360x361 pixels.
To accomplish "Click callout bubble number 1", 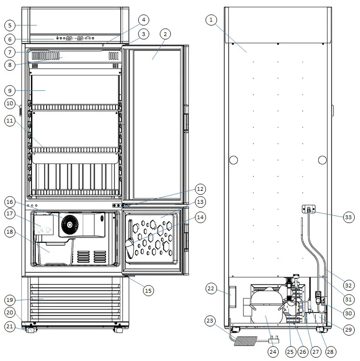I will (x=211, y=20).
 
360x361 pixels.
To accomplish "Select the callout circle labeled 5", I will (x=10, y=25).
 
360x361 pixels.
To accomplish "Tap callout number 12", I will (x=200, y=188).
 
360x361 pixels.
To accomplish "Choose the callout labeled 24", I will (x=273, y=352).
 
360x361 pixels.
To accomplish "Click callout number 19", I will (x=10, y=299).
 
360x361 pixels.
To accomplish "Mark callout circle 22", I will (x=211, y=288).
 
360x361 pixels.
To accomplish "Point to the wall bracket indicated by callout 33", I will (x=309, y=209).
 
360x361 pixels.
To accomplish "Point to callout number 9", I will (x=10, y=90).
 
